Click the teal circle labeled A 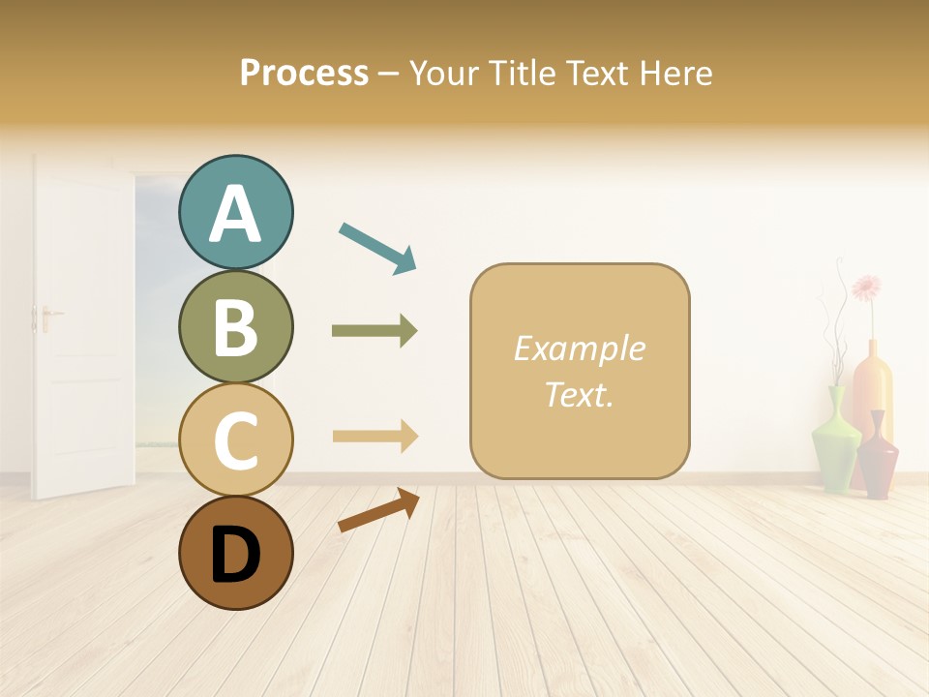tap(235, 212)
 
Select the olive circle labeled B tap(235, 326)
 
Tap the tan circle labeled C tap(235, 439)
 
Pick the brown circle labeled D tap(235, 553)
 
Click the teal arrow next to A tap(377, 247)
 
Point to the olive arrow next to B tap(375, 331)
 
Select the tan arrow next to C tap(375, 437)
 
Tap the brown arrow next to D tap(378, 510)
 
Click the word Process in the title tap(304, 74)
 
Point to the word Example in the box tap(579, 348)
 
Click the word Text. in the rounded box tap(579, 394)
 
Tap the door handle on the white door tap(46, 315)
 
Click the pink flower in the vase tap(866, 288)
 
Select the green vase tap(835, 440)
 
